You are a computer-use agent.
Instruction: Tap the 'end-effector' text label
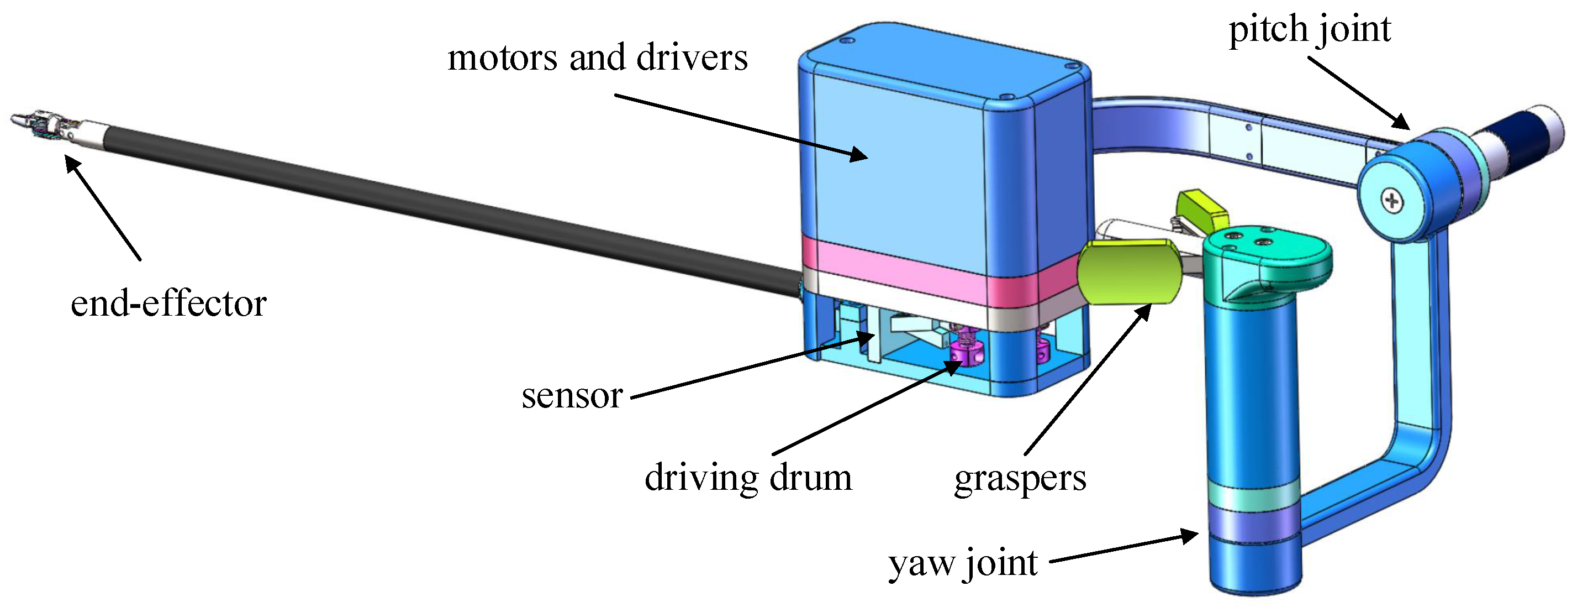pyautogui.click(x=168, y=303)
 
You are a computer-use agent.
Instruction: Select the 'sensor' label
pyautogui.click(x=571, y=396)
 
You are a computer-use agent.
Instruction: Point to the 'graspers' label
pyautogui.click(x=1020, y=478)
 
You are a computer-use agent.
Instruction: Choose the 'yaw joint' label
pyautogui.click(x=962, y=563)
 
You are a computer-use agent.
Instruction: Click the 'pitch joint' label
pyautogui.click(x=1309, y=29)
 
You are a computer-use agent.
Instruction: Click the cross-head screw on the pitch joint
pyautogui.click(x=1392, y=201)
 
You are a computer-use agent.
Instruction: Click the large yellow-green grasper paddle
pyautogui.click(x=1129, y=272)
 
